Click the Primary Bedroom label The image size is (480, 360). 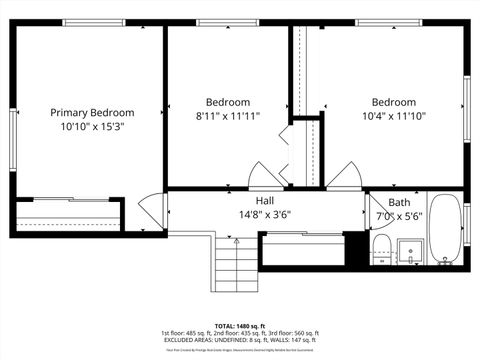92,113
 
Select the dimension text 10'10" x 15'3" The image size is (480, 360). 92,127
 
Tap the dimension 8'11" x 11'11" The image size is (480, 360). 228,116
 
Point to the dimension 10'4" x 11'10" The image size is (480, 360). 394,116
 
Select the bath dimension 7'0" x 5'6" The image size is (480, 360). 400,216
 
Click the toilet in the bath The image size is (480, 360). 381,248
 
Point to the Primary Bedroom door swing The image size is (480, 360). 149,210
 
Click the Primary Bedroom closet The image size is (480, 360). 68,215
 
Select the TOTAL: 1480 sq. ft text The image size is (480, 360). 240,326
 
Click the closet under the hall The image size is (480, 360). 301,249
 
